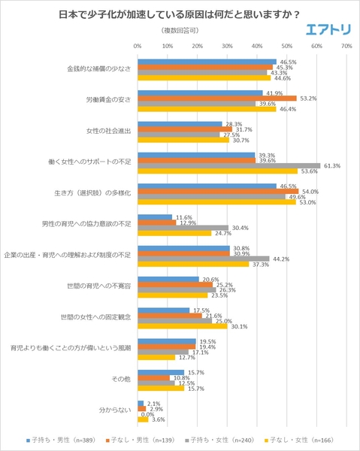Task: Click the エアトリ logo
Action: [328, 30]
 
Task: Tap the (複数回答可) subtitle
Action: [180, 31]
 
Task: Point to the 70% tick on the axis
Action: [346, 46]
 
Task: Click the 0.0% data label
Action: [148, 414]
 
